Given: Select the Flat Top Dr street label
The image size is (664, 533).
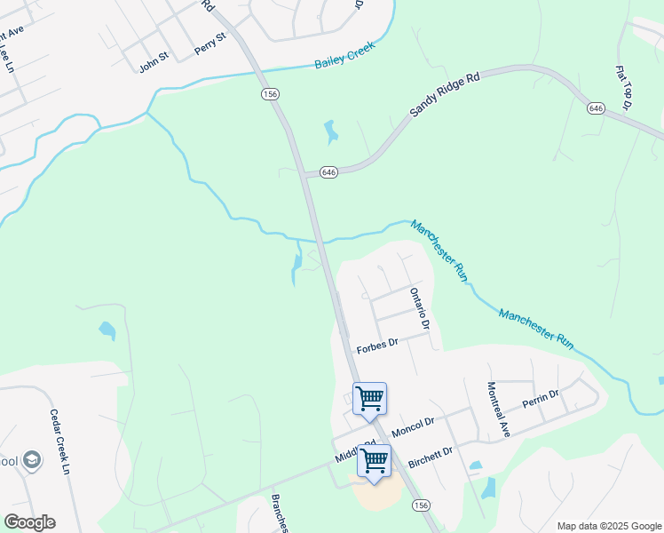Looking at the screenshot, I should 623,87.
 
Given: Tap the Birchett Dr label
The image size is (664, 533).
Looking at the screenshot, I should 431,457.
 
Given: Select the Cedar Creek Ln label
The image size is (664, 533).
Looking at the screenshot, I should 59,442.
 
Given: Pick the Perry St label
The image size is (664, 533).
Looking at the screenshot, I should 210,44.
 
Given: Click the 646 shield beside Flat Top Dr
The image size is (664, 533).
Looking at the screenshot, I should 596,107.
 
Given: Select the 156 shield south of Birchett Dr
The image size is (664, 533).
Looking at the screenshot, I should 421,505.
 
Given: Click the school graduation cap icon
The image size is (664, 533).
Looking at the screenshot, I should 32,460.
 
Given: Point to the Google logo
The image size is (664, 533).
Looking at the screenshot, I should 29,522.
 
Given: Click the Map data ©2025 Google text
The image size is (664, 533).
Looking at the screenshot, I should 608,526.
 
